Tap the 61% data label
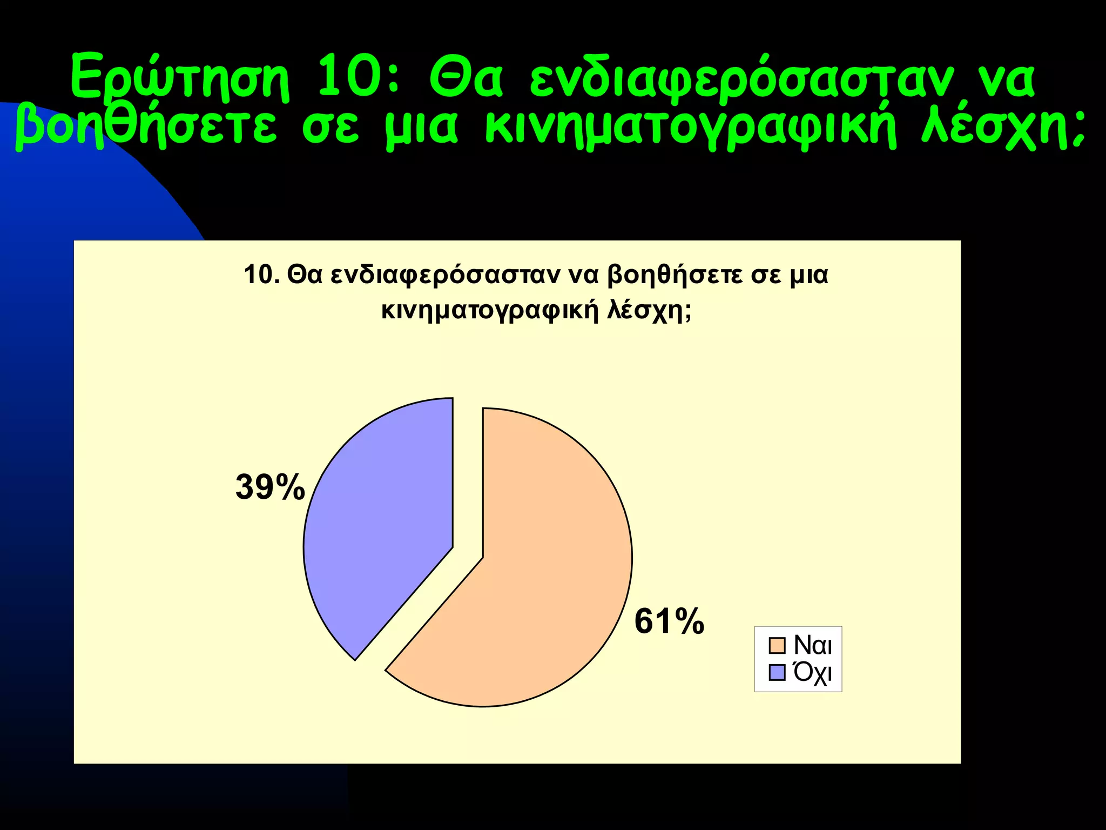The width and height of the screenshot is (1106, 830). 669,621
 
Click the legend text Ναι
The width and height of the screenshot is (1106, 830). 813,645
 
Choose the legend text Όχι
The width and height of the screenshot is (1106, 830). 813,673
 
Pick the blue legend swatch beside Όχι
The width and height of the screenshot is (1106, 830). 777,673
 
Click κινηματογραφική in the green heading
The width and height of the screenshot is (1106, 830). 691,129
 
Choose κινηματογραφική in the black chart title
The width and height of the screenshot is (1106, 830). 490,311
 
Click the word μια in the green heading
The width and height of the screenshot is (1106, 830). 421,129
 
